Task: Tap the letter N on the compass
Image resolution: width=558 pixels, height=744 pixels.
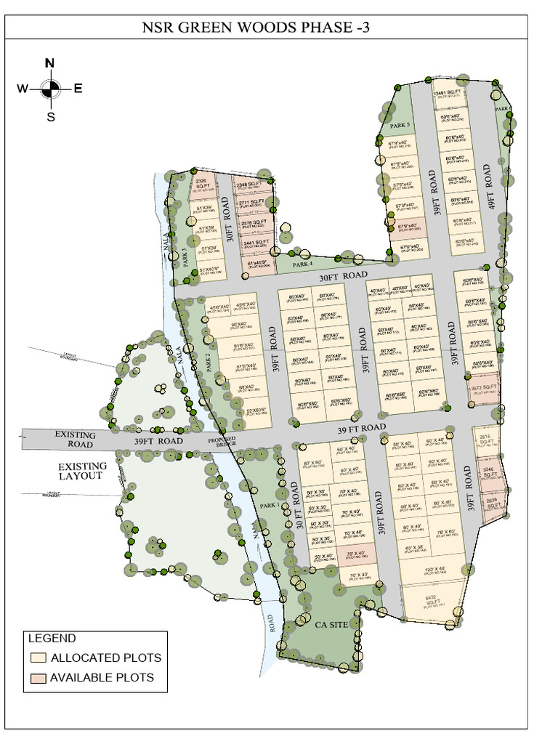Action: tap(49, 62)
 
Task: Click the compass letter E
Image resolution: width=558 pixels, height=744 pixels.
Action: tap(78, 89)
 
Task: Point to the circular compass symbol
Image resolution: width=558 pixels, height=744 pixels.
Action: tap(50, 89)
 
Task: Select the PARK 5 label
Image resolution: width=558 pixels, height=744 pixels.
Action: tap(400, 126)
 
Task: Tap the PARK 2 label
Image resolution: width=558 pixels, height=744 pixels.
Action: tap(208, 362)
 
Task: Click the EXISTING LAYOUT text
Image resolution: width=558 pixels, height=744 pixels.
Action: tap(83, 471)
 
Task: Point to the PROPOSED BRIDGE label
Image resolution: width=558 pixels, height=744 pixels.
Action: tap(223, 442)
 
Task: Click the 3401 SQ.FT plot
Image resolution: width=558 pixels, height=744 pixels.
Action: tap(448, 95)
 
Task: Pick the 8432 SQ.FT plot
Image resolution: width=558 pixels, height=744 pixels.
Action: tap(432, 602)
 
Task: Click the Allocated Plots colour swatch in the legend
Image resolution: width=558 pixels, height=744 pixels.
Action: tap(39, 658)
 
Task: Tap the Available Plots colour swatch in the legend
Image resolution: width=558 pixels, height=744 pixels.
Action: tap(39, 678)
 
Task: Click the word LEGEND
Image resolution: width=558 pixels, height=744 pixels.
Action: tap(52, 639)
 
